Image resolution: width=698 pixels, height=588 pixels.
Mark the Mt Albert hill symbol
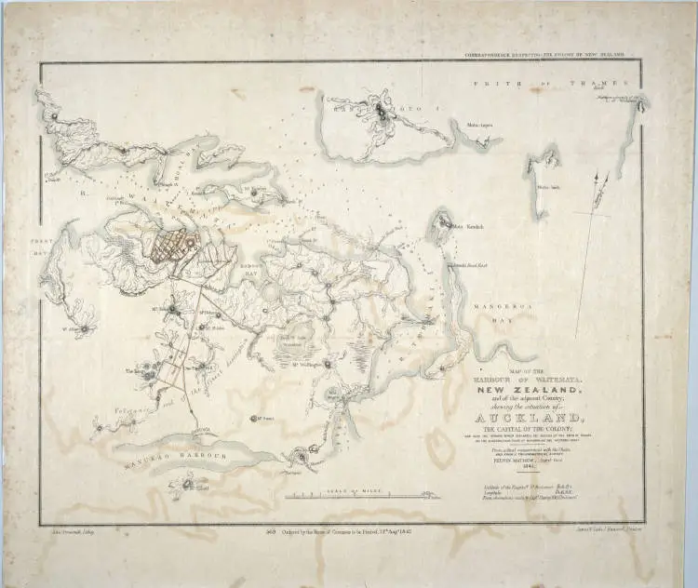point(87,327)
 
